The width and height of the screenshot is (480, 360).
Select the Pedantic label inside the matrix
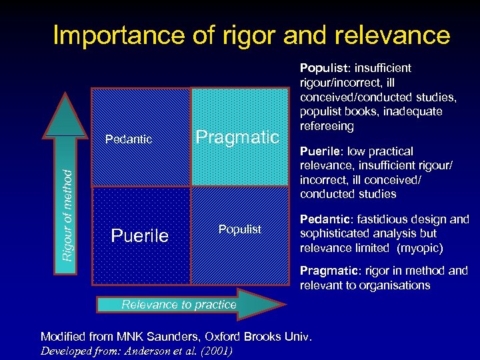click(129, 139)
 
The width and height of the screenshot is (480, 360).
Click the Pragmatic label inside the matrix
click(237, 138)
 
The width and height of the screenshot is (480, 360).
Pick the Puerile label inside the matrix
click(139, 236)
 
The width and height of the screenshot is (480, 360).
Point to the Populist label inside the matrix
click(240, 229)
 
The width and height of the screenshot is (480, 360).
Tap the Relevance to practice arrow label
click(179, 305)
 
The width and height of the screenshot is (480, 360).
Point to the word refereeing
click(327, 127)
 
